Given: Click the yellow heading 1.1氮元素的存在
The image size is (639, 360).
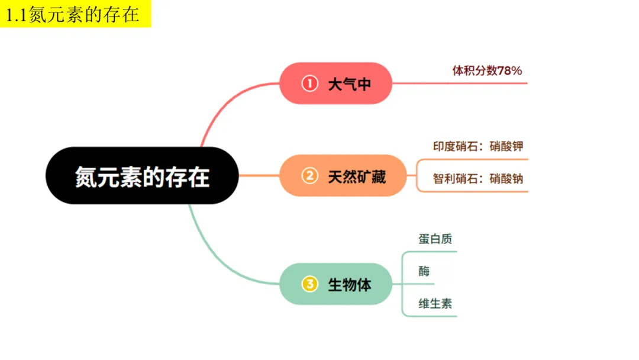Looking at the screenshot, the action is coord(73,14).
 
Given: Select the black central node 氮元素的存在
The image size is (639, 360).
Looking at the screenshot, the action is coord(142,176).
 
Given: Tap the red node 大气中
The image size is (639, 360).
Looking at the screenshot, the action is coord(336,83).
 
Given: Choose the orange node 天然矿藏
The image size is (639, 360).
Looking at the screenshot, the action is coord(343,176).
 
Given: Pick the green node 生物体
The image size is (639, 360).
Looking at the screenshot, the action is coord(335,284).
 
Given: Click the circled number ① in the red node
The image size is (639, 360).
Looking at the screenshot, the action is coord(309,83).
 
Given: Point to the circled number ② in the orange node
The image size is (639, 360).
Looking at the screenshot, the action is coord(309,176).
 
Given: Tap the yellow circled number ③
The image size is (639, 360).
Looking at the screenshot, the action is coord(309,284).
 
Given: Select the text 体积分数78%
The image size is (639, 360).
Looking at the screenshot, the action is coord(487,71).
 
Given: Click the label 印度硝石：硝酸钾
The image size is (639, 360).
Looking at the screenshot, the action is coord(478,147).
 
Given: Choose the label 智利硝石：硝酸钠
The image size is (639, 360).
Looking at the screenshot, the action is coord(478,179).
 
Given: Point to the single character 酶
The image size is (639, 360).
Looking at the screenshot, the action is coord(424,272).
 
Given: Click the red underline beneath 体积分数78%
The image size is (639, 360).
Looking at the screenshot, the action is coord(461,83).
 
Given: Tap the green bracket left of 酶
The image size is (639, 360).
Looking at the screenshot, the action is coord(403,278).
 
